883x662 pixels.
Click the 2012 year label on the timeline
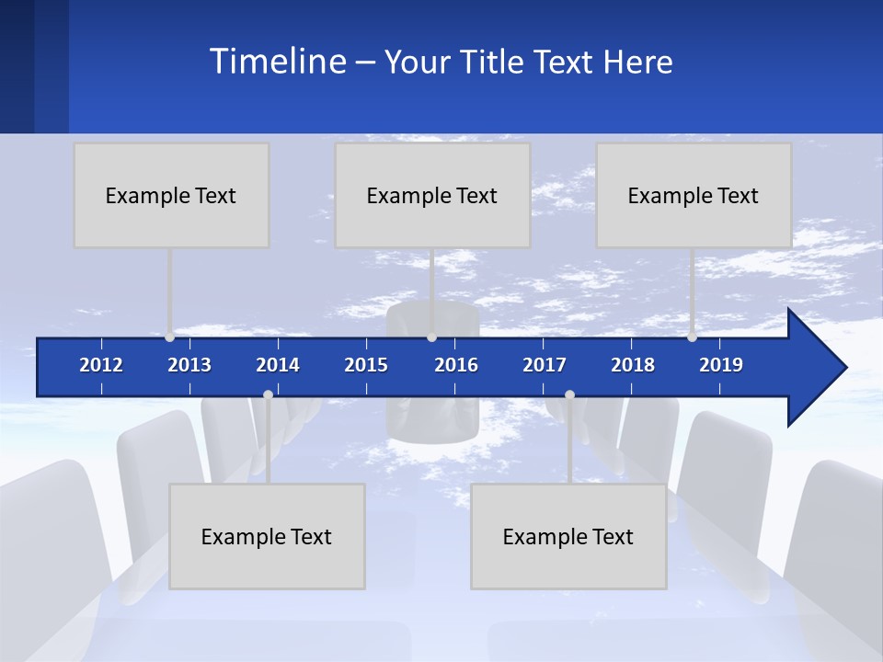coord(101,365)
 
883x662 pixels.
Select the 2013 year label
coord(189,365)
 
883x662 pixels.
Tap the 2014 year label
coord(278,365)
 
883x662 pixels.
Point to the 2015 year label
coord(366,365)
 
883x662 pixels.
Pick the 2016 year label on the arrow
coord(456,365)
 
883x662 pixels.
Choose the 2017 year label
coord(545,365)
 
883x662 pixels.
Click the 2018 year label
coord(633,365)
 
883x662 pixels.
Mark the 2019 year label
coord(721,365)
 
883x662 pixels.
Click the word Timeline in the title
coord(278,62)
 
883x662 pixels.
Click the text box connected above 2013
coord(171,195)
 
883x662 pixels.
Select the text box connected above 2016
coord(432,195)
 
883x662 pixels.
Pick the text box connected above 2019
coord(694,195)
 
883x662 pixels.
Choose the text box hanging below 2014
coord(267,536)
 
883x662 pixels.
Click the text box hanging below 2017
coord(568,536)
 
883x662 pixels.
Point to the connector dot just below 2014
coord(268,394)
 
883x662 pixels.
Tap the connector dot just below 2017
coord(569,394)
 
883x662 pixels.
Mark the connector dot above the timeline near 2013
coord(169,337)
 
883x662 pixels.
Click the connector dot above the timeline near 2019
coord(692,337)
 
